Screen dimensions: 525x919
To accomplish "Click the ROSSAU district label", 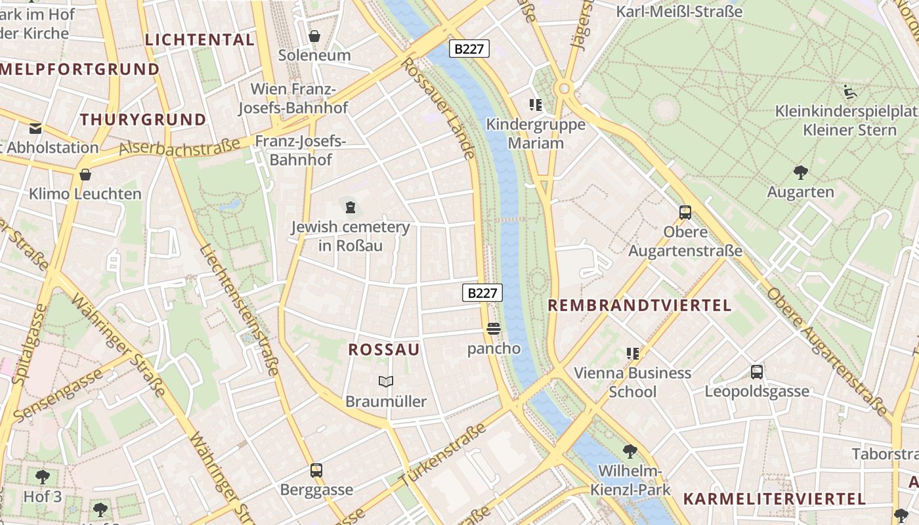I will click(384, 350).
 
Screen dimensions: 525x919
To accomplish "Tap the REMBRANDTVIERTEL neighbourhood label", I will click(639, 305).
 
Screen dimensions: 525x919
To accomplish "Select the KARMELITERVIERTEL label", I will click(775, 499).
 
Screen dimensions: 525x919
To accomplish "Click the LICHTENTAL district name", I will click(200, 39).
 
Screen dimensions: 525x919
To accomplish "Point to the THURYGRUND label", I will click(143, 119).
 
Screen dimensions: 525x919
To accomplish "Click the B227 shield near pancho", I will click(482, 293).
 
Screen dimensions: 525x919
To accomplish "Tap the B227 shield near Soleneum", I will click(469, 49).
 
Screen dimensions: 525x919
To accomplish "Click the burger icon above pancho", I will click(494, 328).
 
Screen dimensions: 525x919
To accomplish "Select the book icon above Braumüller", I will click(386, 381).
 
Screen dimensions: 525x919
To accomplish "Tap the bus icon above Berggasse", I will click(316, 470).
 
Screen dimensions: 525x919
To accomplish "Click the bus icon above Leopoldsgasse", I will click(757, 372).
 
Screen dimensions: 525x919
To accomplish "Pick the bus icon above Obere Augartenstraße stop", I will click(685, 212).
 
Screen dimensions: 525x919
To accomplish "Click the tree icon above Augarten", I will click(800, 173).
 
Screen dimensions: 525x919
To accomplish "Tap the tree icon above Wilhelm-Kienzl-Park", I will click(630, 451).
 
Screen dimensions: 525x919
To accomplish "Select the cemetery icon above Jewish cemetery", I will click(351, 207).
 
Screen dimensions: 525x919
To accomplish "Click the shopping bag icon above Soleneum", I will click(314, 35).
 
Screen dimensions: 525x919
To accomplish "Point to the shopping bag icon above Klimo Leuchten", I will click(85, 174).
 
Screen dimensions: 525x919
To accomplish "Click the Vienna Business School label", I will click(633, 382).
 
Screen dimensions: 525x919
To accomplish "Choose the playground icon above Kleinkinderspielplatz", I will click(851, 92).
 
